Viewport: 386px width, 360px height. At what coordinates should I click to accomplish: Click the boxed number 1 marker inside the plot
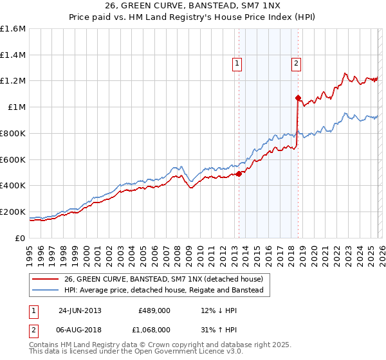coord(237,63)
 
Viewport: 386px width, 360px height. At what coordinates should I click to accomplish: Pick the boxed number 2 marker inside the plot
coord(295,63)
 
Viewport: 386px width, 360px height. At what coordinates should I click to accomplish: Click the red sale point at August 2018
coord(298,98)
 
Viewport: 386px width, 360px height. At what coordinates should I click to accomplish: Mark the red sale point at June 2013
coord(239,174)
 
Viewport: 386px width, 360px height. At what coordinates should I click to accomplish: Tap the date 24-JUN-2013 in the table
coord(80,310)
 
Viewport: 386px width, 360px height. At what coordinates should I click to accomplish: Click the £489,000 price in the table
coord(154,310)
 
